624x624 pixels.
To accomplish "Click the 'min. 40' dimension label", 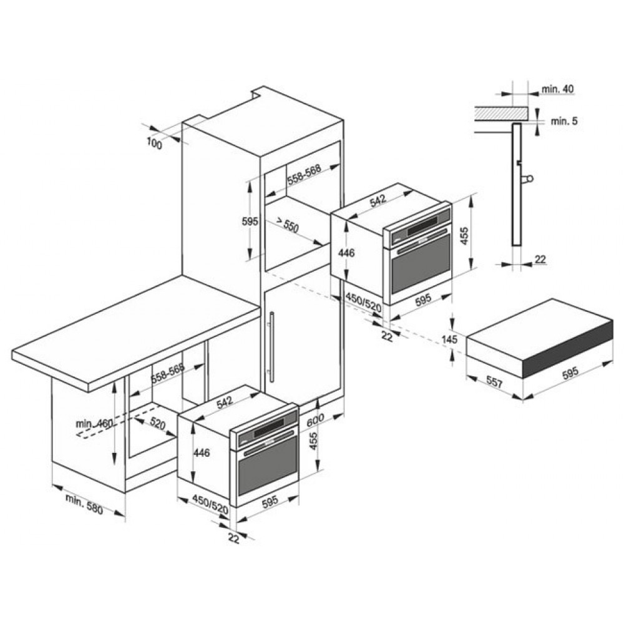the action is (557, 89).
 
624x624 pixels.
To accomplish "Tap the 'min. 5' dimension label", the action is (564, 121).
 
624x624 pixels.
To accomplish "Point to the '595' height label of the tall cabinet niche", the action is (250, 222).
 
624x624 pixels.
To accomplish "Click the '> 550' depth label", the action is (287, 226).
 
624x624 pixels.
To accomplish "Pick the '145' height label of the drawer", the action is (450, 339).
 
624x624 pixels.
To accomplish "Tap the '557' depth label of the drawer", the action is (495, 383).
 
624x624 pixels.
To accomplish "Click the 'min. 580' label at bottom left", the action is (84, 504).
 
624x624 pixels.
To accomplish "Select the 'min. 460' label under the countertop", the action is (95, 423).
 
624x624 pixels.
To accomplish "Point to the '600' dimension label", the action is (316, 420).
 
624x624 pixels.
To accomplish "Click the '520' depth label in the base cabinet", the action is (158, 424).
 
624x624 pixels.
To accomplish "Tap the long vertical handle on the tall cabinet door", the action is (272, 345).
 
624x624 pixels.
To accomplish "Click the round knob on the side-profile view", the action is (530, 179).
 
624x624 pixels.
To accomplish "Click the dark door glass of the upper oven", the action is (420, 265).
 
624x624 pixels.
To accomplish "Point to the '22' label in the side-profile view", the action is (540, 260).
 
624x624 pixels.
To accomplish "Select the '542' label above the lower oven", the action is (225, 402).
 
